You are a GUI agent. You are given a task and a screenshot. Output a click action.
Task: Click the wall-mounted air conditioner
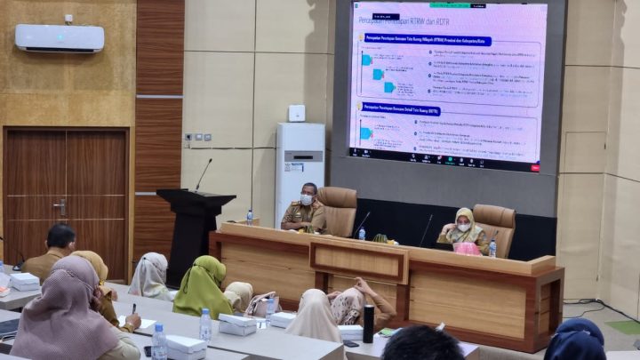[x=60, y=37]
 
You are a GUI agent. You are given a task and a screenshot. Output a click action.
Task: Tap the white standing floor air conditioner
[x=299, y=171]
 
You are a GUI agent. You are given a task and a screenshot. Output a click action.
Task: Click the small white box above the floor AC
[x=296, y=113]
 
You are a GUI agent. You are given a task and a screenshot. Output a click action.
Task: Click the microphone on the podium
[x=204, y=174]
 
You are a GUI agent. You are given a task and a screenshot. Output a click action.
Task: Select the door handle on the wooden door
[x=60, y=208]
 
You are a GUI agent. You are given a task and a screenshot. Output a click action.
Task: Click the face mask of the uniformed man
[x=306, y=200]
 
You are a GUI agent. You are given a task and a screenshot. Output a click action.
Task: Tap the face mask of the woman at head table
[x=463, y=228]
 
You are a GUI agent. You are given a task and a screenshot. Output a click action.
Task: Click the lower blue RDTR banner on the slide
[x=401, y=111]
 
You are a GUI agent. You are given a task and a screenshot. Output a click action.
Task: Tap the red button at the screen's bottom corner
[x=535, y=166]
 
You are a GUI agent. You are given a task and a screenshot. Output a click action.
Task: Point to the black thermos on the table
[x=368, y=324]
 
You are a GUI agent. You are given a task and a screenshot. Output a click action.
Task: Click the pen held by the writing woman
[x=135, y=308]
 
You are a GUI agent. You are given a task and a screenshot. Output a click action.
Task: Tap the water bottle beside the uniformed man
[x=249, y=216]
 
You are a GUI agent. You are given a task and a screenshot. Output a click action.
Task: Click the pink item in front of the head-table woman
[x=467, y=248]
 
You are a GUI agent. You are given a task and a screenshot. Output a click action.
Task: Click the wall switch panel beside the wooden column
[x=196, y=137]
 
